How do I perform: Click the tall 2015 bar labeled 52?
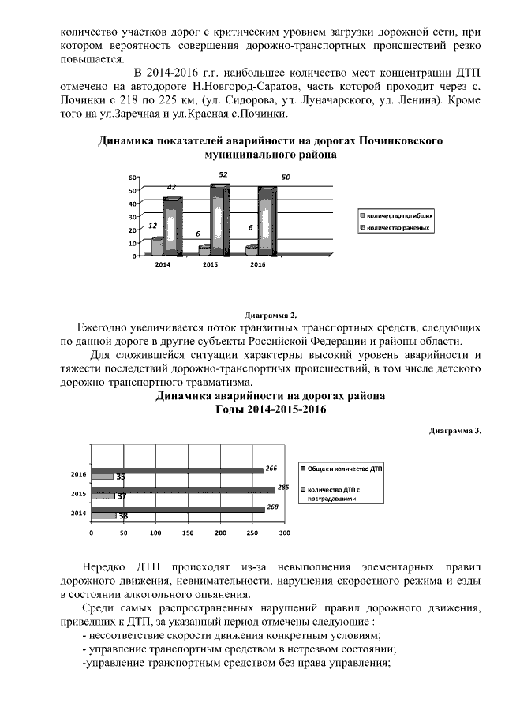click(x=219, y=219)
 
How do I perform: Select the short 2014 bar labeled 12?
click(x=156, y=245)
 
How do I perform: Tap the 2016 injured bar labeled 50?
click(x=267, y=221)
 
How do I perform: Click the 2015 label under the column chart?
click(x=210, y=264)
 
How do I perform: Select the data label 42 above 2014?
click(x=171, y=187)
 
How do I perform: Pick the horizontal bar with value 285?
click(x=183, y=490)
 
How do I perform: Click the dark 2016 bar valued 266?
click(x=177, y=470)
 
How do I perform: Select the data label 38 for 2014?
click(x=123, y=515)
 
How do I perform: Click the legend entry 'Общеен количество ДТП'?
click(x=344, y=468)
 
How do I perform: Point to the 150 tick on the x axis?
click(x=188, y=533)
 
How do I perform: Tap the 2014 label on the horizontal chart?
click(x=78, y=513)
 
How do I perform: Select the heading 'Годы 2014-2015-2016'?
click(x=271, y=410)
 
